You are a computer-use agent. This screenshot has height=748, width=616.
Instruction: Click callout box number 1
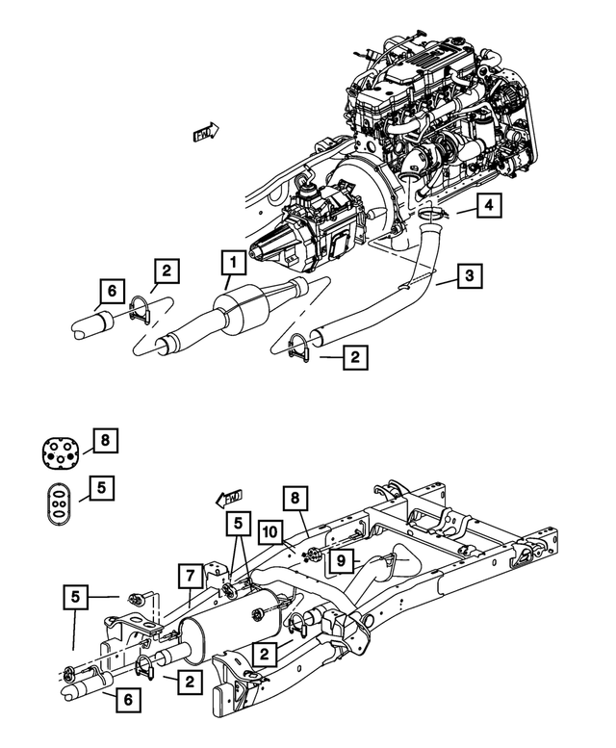pyautogui.click(x=231, y=261)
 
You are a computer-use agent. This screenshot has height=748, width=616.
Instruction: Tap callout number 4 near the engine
pyautogui.click(x=489, y=205)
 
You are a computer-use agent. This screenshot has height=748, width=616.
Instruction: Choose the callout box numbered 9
pyautogui.click(x=340, y=558)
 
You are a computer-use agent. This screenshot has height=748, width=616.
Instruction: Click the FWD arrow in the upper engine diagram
pyautogui.click(x=206, y=133)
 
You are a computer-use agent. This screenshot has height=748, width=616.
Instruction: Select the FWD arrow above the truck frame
pyautogui.click(x=228, y=498)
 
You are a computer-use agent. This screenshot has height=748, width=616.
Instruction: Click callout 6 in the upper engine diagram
pyautogui.click(x=111, y=289)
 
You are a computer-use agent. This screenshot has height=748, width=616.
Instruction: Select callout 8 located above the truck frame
pyautogui.click(x=296, y=497)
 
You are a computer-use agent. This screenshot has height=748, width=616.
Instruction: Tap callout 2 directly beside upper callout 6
pyautogui.click(x=166, y=271)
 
